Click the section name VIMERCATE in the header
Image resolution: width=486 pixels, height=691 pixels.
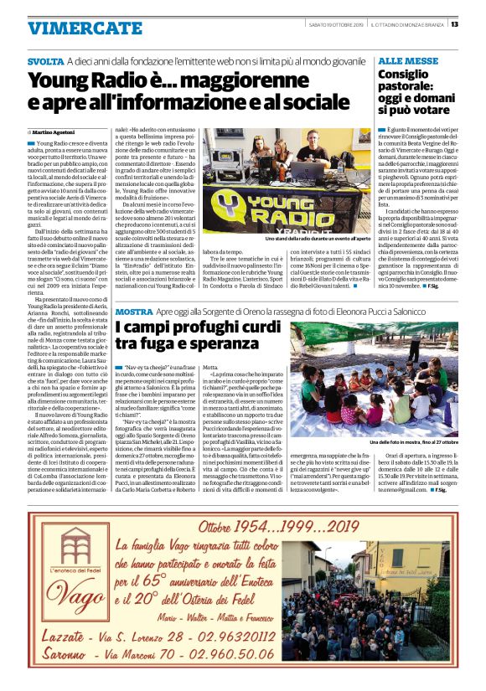pos(73,28)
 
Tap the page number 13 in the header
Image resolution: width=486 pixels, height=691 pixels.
pos(454,23)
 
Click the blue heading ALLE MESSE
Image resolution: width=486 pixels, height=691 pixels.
pos(408,62)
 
